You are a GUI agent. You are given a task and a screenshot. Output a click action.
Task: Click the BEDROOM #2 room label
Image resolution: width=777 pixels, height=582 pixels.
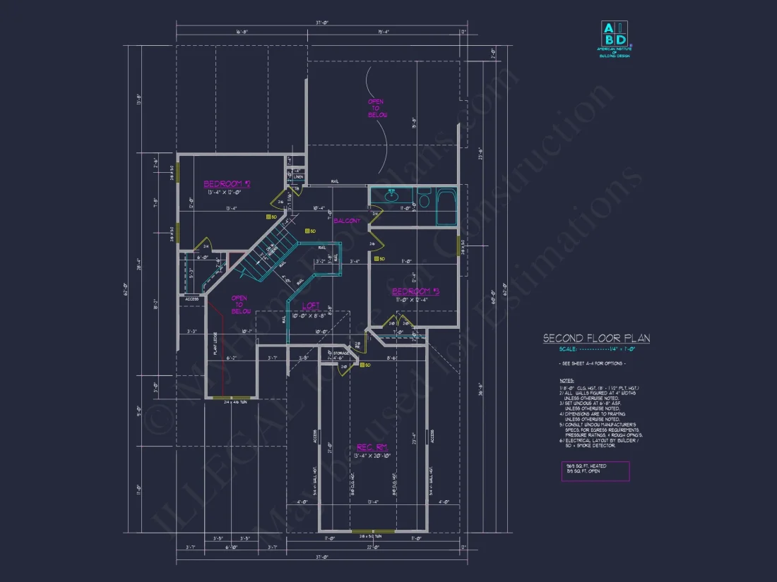click(227, 184)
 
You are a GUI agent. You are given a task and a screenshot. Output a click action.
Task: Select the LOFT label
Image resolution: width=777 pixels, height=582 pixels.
click(311, 305)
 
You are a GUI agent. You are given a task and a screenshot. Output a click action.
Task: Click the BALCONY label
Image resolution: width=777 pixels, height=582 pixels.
click(347, 221)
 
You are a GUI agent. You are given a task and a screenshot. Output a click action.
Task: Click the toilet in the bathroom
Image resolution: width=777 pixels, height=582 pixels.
click(424, 200)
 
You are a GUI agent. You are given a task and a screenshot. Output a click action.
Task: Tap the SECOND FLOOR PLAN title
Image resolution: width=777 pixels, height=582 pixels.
click(596, 339)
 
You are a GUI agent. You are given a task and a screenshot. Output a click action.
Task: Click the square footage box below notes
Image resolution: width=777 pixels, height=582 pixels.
click(595, 471)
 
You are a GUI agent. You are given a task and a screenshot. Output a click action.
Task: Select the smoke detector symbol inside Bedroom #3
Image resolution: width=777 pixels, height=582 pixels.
click(376, 259)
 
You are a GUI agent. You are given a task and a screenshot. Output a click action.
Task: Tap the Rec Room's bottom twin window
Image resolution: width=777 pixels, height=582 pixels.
click(372, 531)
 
